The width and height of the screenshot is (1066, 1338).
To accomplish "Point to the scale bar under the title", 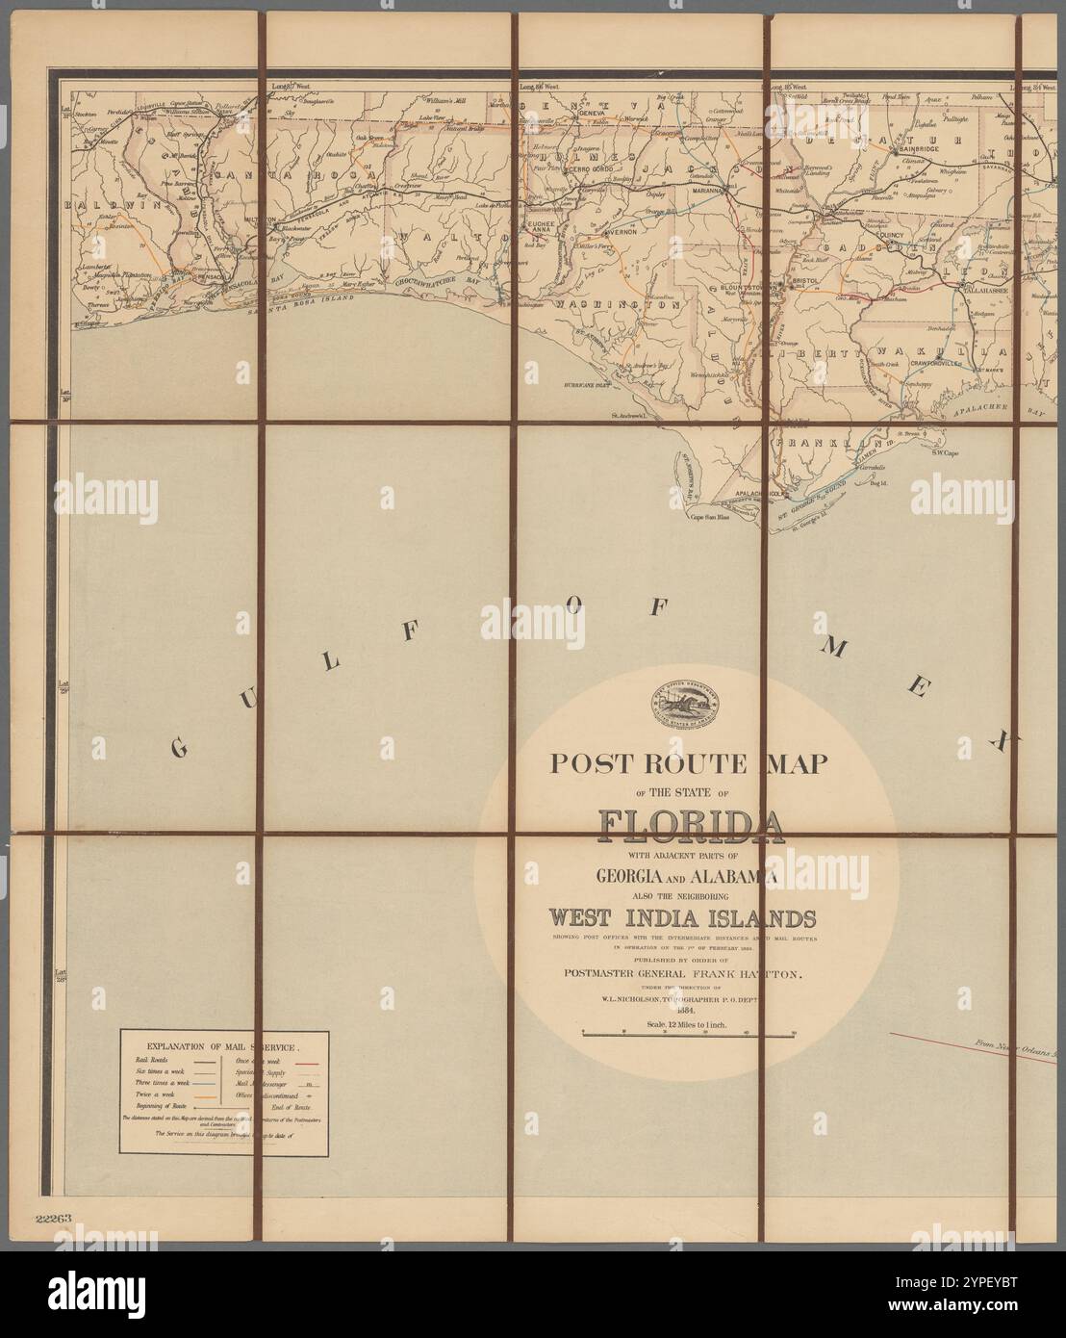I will pos(689,1033).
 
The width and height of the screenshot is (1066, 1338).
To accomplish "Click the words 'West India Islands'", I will pos(680,914).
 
